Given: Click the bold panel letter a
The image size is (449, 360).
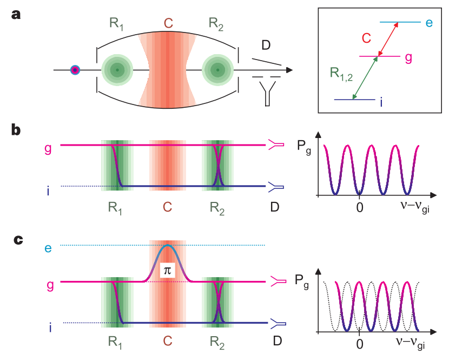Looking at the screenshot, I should (17, 15).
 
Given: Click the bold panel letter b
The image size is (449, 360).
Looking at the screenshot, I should (17, 130).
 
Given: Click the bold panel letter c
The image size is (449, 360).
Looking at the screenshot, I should (17, 238).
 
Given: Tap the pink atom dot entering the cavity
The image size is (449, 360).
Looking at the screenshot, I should (75, 70).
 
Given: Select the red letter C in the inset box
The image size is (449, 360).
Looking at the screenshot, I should (367, 38).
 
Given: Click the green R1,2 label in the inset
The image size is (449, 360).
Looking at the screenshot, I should (342, 73).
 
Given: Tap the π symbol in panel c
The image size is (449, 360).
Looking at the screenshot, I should (168, 271).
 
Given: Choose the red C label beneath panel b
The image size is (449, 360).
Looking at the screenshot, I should (167, 207).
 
